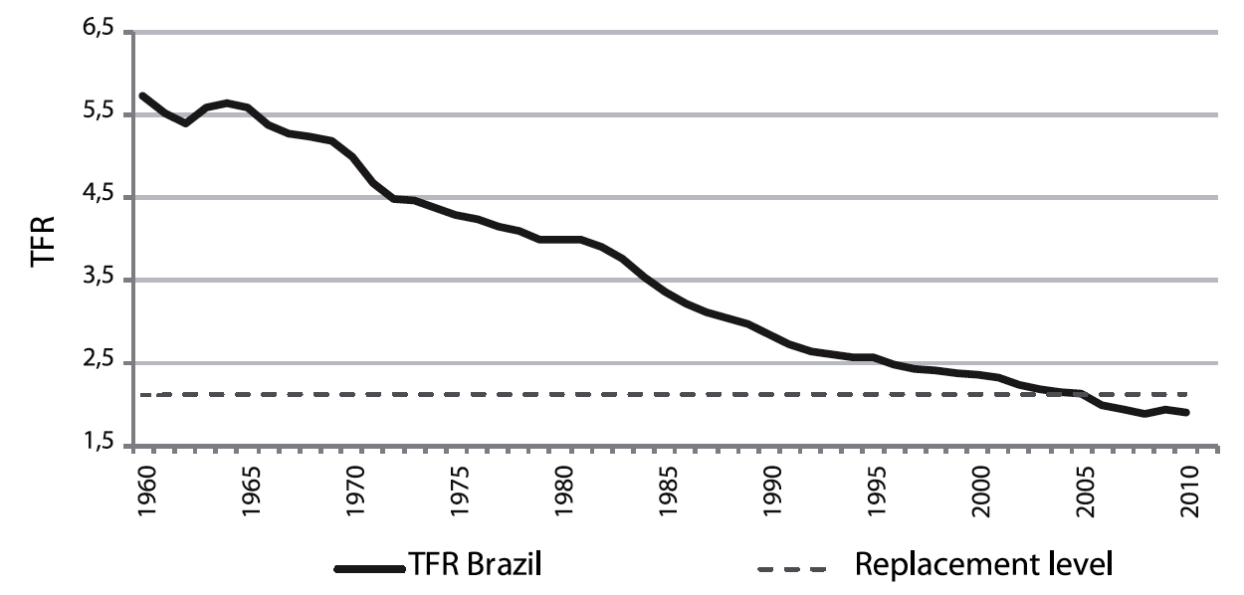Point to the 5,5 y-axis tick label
coord(101,114)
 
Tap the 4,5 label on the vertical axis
coord(101,197)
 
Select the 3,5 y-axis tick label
coord(101,280)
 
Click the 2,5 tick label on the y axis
coord(101,362)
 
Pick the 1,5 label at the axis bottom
coord(101,445)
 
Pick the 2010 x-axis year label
coord(1190,488)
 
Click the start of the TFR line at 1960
coord(143,96)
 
